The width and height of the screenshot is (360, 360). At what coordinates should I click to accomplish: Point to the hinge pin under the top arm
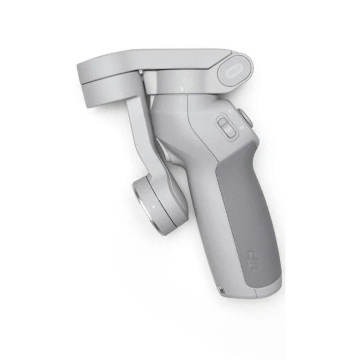[141, 73]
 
